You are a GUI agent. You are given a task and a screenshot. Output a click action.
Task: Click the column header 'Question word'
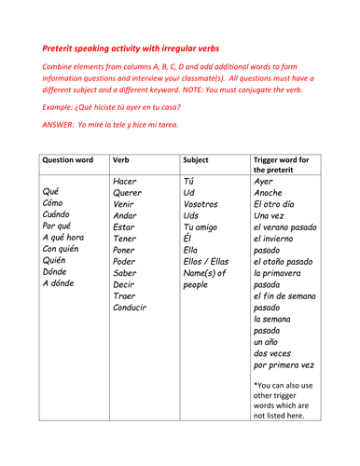(71, 159)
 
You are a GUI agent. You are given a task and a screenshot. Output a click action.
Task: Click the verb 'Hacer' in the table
(125, 181)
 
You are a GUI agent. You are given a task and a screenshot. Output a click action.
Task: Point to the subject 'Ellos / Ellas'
(207, 287)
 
